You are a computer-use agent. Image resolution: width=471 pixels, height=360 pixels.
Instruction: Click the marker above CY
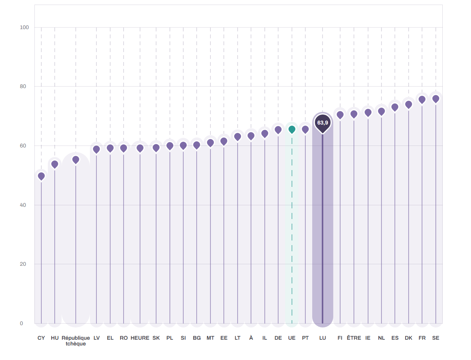point(41,176)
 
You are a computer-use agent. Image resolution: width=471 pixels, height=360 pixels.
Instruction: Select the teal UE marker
point(292,129)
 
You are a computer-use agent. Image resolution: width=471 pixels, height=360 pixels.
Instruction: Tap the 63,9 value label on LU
point(323,123)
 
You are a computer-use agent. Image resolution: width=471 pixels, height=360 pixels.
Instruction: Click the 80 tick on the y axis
point(23,86)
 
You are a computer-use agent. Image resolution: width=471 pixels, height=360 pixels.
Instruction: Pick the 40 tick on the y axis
point(23,205)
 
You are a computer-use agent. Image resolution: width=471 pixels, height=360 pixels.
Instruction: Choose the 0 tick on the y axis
point(21,323)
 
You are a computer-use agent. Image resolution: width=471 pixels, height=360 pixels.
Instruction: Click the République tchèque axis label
point(76,340)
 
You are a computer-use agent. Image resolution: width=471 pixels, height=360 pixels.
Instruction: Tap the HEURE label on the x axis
point(140,338)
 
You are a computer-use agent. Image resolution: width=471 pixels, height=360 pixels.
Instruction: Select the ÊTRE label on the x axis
point(354,338)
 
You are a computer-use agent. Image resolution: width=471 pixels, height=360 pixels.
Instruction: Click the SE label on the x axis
point(435,338)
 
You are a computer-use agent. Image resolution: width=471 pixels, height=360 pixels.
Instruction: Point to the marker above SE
point(436,98)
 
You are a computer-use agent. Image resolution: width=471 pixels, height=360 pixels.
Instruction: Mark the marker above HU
point(55,164)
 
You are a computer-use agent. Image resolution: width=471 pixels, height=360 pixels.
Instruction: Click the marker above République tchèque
point(76,160)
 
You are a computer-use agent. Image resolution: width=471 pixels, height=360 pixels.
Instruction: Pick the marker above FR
point(422,100)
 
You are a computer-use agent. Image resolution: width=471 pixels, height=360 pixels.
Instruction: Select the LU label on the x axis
point(323,338)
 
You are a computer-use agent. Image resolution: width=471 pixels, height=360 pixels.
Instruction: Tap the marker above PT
point(305,129)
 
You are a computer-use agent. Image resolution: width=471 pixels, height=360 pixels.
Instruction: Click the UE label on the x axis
point(292,338)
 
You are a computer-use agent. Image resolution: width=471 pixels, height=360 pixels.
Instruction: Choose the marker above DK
point(409,104)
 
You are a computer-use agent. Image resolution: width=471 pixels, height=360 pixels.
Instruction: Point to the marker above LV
point(96,149)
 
